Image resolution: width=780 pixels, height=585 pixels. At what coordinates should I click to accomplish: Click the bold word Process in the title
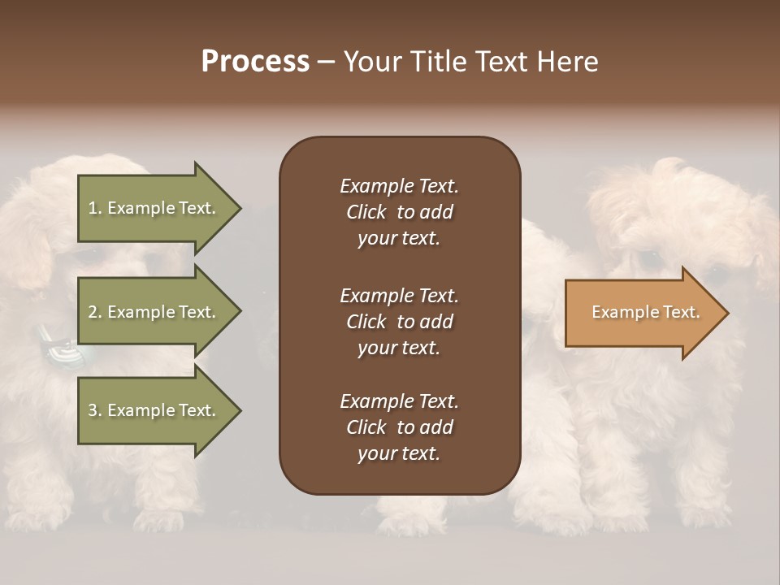[255, 62]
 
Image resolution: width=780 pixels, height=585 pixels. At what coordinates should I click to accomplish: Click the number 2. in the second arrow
[95, 312]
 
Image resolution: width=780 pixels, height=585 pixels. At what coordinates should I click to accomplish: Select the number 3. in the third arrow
[95, 410]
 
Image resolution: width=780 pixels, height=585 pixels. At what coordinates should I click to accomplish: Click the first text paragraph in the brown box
[399, 212]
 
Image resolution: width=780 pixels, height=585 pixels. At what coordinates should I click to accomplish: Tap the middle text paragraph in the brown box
[399, 322]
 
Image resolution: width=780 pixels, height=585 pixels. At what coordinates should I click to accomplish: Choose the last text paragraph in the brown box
[399, 427]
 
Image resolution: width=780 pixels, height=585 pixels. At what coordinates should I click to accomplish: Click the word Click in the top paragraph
[366, 212]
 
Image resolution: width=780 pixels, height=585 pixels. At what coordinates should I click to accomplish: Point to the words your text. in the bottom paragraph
[399, 453]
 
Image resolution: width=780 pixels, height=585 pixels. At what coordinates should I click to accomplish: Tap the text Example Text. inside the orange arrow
[645, 312]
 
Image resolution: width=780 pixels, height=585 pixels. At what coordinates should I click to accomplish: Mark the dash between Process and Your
[327, 63]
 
